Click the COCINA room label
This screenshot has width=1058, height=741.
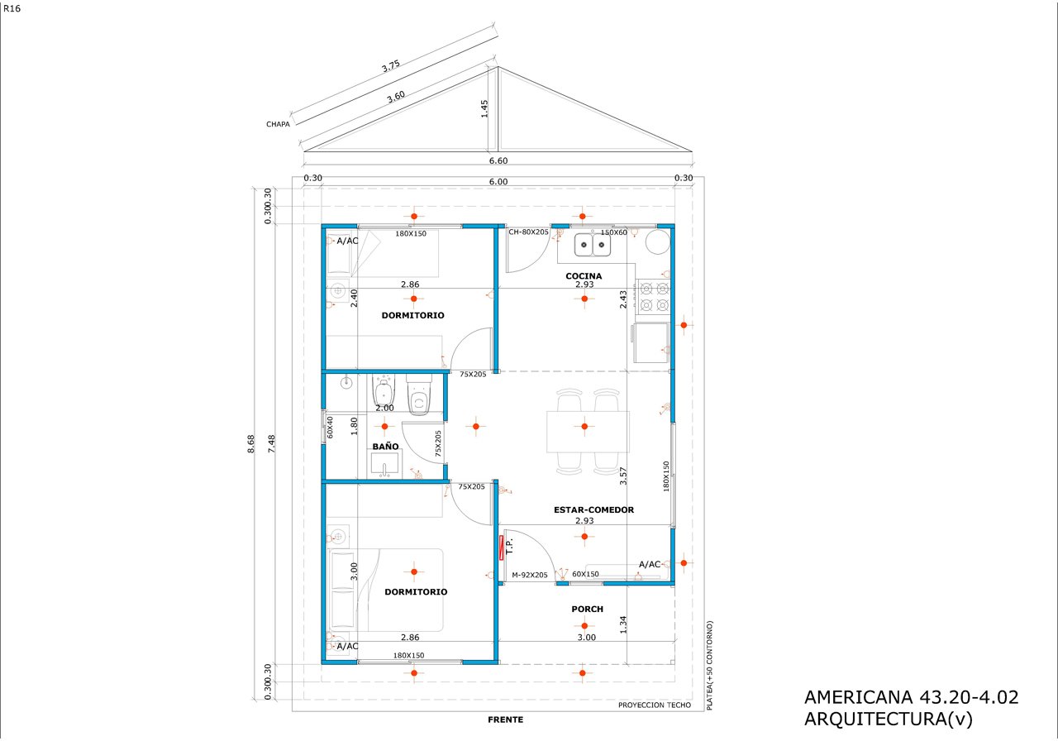pyautogui.click(x=584, y=276)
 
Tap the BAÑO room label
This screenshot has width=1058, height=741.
pyautogui.click(x=385, y=446)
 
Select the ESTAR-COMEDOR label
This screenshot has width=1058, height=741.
pyautogui.click(x=593, y=509)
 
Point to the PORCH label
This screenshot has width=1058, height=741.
pyautogui.click(x=587, y=609)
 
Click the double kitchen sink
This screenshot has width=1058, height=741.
pyautogui.click(x=593, y=245)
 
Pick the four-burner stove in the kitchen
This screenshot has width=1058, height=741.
pyautogui.click(x=654, y=297)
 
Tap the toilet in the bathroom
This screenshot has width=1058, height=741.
pyautogui.click(x=419, y=395)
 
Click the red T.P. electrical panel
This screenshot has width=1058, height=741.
pyautogui.click(x=501, y=547)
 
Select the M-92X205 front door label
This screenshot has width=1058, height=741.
pyautogui.click(x=530, y=575)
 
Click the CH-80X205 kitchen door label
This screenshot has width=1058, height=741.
pyautogui.click(x=528, y=232)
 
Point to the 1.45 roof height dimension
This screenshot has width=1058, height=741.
pyautogui.click(x=484, y=108)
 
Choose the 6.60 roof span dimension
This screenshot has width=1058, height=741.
pyautogui.click(x=498, y=160)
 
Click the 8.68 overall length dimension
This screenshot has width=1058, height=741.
pyautogui.click(x=250, y=444)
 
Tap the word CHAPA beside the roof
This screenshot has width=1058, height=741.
pyautogui.click(x=278, y=124)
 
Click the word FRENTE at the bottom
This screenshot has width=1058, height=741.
pyautogui.click(x=505, y=719)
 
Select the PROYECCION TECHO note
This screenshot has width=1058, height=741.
pyautogui.click(x=654, y=705)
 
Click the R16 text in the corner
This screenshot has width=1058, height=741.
pyautogui.click(x=12, y=8)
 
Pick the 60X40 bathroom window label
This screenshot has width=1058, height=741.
pyautogui.click(x=330, y=428)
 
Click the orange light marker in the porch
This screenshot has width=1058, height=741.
pyautogui.click(x=584, y=626)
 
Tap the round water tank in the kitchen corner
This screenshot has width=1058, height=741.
pyautogui.click(x=657, y=242)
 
